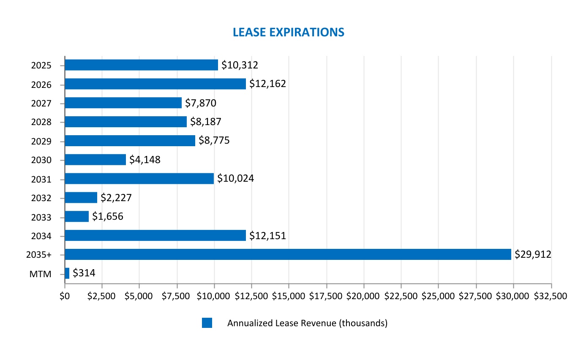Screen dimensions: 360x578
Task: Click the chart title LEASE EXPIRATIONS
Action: click(x=289, y=32)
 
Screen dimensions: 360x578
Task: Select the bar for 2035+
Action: click(x=288, y=254)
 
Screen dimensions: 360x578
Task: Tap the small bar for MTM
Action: click(x=67, y=273)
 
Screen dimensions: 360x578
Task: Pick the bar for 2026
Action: click(x=155, y=84)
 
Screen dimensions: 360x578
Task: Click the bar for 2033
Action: click(x=77, y=216)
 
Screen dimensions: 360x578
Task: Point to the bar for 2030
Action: click(x=95, y=160)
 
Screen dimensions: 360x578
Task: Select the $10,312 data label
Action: click(x=240, y=65)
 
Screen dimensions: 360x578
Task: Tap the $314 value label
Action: click(x=84, y=273)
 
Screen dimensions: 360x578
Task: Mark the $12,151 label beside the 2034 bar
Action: click(x=267, y=235)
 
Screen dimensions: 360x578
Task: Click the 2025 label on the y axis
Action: click(x=41, y=65)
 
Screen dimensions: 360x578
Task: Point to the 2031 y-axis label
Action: click(x=41, y=179)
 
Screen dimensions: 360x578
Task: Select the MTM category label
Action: click(x=41, y=274)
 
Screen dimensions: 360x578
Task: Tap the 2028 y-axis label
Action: click(x=41, y=123)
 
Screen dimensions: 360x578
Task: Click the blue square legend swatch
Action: click(x=207, y=323)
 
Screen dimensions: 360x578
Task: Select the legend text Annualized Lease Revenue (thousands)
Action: click(x=307, y=323)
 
